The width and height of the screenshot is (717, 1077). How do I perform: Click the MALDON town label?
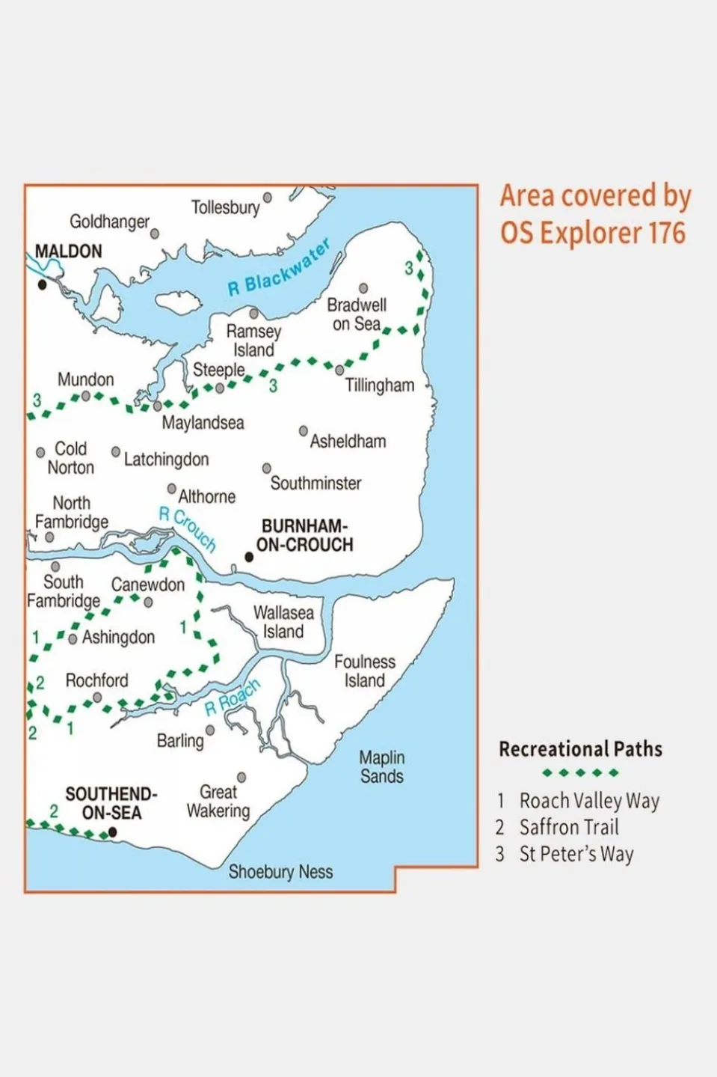click(69, 251)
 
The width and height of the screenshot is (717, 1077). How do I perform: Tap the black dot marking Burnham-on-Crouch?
click(249, 557)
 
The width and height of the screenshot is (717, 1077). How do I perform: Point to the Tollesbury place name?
click(225, 207)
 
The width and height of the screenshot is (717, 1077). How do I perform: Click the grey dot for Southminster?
click(266, 469)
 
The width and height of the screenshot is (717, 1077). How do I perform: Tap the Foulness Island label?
click(365, 671)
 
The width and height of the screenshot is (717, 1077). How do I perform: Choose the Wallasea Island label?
click(283, 622)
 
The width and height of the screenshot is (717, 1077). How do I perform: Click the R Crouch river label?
click(188, 528)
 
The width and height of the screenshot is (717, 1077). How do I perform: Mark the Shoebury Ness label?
click(280, 872)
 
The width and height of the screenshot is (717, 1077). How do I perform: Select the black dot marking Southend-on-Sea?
click(112, 832)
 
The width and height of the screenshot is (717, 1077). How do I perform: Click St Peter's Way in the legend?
click(576, 854)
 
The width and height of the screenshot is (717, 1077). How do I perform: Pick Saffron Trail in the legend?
click(568, 827)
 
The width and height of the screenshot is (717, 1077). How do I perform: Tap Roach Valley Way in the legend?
click(589, 801)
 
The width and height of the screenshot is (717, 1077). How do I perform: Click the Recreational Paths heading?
click(580, 749)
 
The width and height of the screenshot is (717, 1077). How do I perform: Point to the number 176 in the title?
click(667, 233)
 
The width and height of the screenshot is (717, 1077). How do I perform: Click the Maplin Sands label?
click(382, 767)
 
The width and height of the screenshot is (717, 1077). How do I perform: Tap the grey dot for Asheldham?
click(303, 431)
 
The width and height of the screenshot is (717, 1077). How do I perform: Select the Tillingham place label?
click(379, 385)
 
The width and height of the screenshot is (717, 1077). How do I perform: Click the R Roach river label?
click(233, 697)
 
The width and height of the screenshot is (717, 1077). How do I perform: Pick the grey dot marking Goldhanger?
click(155, 234)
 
